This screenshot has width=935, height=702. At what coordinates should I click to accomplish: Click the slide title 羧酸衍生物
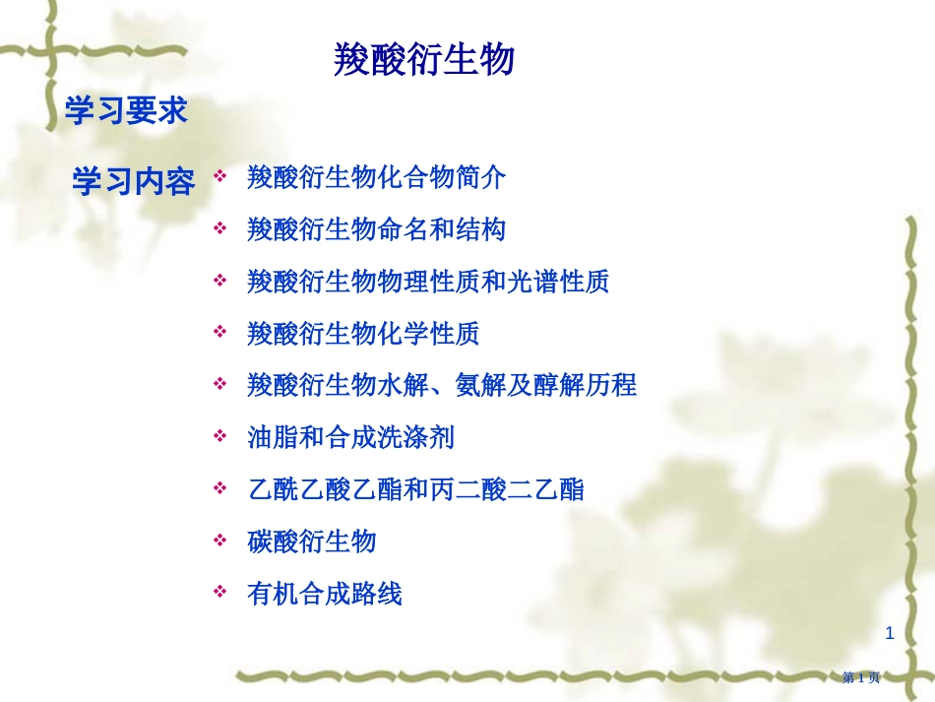[423, 60]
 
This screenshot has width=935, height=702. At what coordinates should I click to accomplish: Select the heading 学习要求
[126, 110]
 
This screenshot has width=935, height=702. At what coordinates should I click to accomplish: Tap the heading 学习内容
[134, 181]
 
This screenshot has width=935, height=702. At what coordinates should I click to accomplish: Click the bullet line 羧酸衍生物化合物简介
[376, 177]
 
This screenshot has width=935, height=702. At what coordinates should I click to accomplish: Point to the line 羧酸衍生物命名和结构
[376, 229]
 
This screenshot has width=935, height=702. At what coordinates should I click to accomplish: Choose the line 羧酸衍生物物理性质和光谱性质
[428, 282]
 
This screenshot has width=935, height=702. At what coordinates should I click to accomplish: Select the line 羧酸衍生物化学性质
[363, 334]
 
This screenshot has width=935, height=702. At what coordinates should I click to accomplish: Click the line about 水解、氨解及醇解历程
[442, 385]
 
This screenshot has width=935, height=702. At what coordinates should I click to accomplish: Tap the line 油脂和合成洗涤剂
[350, 437]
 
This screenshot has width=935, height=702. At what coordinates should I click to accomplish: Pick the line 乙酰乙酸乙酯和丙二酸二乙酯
[415, 489]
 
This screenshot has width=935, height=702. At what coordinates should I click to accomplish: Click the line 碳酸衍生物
[311, 542]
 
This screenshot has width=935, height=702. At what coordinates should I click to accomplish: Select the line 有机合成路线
[325, 594]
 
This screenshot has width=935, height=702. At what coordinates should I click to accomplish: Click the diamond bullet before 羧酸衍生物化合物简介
[220, 176]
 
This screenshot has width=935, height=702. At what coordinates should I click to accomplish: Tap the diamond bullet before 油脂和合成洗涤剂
[220, 436]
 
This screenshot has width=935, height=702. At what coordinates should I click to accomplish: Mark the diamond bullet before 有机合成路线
[220, 592]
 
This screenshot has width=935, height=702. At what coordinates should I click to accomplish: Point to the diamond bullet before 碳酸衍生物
[220, 541]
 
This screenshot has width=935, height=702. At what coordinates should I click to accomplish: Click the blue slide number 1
[890, 633]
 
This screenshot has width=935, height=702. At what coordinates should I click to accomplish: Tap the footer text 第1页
[861, 677]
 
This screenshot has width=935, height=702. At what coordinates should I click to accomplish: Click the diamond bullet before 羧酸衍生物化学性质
[220, 332]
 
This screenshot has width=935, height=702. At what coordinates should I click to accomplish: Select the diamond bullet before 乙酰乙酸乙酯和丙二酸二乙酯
[220, 488]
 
